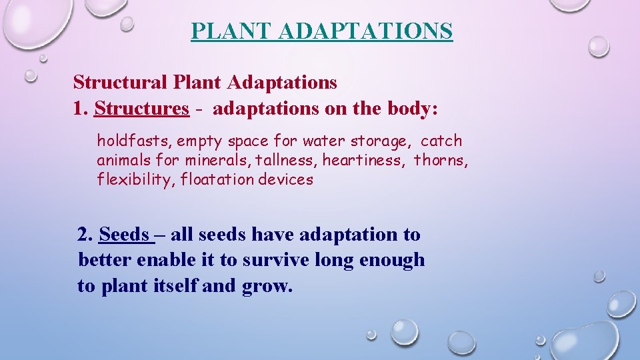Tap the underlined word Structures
(142, 109)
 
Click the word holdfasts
(134, 141)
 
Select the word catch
(441, 141)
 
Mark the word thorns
(441, 161)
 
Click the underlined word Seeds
(124, 235)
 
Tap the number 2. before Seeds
(85, 235)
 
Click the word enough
(391, 260)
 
